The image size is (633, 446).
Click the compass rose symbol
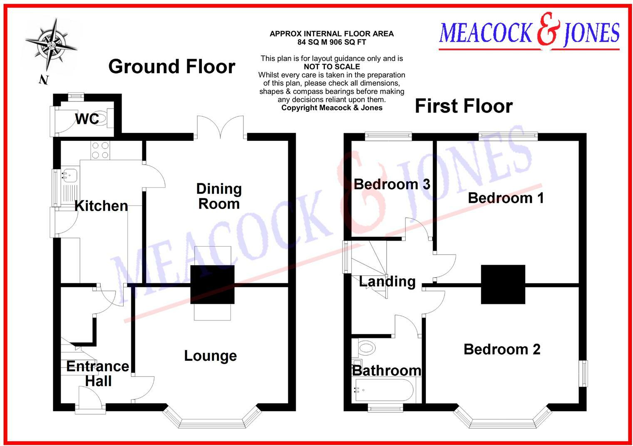pos(51,45)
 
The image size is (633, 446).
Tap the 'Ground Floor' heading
pos(171,67)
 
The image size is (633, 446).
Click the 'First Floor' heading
pos(463,106)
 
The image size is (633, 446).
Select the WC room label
pos(87,119)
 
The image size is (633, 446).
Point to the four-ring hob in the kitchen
pos(100,150)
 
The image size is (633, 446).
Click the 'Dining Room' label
pos(219,196)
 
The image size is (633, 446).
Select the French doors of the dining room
pos(220,127)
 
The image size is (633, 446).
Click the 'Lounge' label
pos(210,356)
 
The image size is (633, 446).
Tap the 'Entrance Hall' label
pos(98,374)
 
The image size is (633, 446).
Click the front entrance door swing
pos(89,397)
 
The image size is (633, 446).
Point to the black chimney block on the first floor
pos(503,285)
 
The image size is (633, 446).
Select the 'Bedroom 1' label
pos(506,198)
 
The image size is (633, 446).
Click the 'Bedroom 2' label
pos(502,349)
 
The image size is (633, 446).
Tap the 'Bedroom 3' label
pos(392,184)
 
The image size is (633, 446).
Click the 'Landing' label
pos(387,281)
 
